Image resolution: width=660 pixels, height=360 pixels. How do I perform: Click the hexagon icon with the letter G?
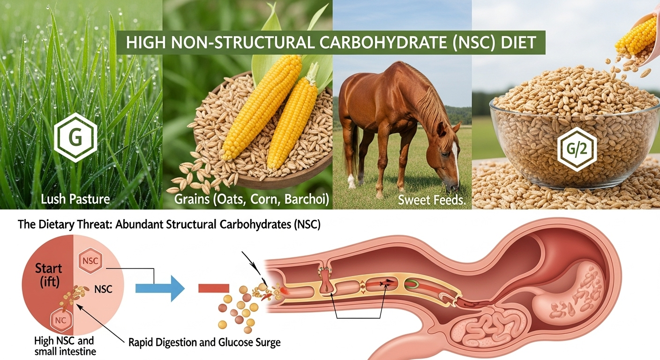76,137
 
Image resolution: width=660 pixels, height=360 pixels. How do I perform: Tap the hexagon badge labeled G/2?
577,150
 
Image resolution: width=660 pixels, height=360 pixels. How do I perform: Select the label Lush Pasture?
75,199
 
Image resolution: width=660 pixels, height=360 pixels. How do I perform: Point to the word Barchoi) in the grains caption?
307,199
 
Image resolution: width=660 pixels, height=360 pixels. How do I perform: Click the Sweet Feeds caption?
432,200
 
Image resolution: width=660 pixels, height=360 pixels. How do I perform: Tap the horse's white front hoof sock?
351,181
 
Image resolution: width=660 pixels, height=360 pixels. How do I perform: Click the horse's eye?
445,154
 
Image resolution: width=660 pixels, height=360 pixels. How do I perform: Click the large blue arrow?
160,288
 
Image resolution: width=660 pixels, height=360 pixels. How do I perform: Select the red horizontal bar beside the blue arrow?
214,288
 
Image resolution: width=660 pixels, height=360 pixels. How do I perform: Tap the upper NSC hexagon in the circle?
90,261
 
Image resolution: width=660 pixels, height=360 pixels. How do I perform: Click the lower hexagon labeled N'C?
61,320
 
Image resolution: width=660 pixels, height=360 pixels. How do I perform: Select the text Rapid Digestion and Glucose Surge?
204,342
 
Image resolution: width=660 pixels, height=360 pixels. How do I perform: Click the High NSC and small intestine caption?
65,346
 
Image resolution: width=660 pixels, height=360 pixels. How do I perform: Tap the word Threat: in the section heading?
92,225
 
